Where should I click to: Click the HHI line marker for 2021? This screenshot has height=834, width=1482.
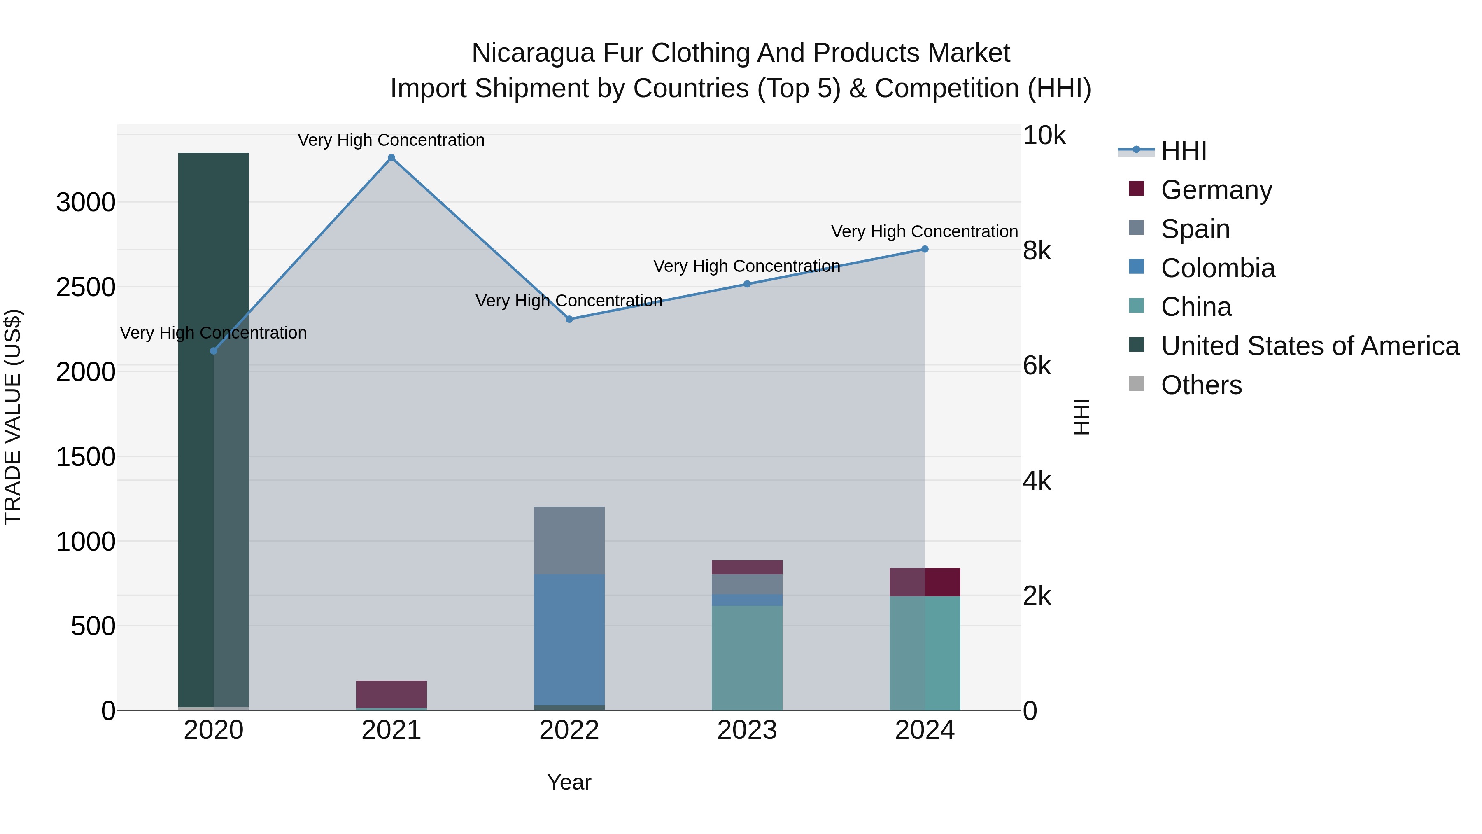391,158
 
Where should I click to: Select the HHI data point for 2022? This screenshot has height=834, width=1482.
569,319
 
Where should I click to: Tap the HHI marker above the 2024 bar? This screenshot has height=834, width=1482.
925,249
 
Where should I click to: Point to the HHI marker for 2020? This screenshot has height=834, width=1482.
213,350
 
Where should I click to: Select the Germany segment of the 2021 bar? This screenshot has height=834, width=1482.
391,694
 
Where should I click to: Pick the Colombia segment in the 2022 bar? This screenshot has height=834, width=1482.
569,639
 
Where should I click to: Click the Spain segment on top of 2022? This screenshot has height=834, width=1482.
569,540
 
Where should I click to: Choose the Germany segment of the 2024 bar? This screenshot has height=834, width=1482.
925,582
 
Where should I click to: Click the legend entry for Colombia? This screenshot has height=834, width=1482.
1217,268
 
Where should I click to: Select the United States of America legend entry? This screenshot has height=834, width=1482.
1310,346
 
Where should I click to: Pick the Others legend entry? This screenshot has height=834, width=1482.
1201,385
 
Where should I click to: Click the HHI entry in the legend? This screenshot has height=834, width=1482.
1183,151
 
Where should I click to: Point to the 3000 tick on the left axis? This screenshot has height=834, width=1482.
86,203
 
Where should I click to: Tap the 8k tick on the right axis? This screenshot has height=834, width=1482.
1037,250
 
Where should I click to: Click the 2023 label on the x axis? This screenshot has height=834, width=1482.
747,730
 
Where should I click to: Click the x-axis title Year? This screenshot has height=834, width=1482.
569,782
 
